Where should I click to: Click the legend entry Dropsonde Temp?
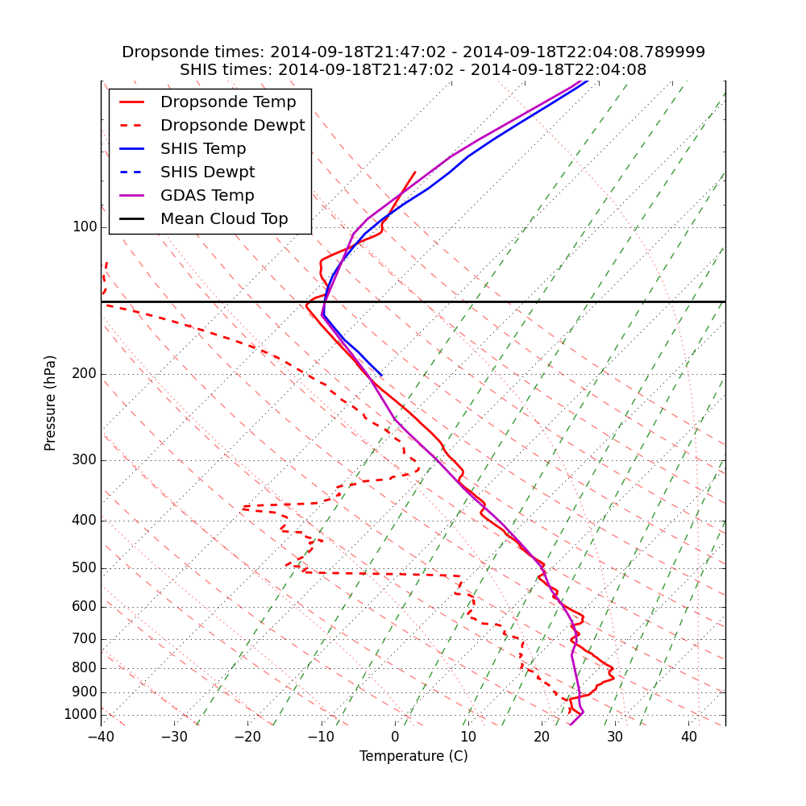[x=228, y=102]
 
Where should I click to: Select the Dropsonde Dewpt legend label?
[x=232, y=126]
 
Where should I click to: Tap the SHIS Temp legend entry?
[x=203, y=149]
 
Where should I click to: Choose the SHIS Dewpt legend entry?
[x=207, y=172]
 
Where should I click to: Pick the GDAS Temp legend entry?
[x=207, y=196]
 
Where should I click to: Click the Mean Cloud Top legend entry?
[x=224, y=219]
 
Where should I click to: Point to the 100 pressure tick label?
[x=85, y=227]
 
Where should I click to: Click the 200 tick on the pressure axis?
[x=85, y=374]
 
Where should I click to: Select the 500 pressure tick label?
[x=85, y=568]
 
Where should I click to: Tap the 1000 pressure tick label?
[x=81, y=715]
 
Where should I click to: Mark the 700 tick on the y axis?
[x=85, y=639]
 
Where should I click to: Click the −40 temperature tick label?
[x=101, y=737]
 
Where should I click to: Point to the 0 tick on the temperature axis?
[x=395, y=737]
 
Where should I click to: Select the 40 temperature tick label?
[x=688, y=737]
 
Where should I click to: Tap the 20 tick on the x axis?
[x=542, y=737]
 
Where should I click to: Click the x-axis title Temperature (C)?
[x=413, y=756]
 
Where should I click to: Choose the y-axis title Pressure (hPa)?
[x=51, y=403]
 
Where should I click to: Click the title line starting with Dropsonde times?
[x=413, y=52]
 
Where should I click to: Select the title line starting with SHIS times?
[x=413, y=70]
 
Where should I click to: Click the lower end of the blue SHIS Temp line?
[x=382, y=376]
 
